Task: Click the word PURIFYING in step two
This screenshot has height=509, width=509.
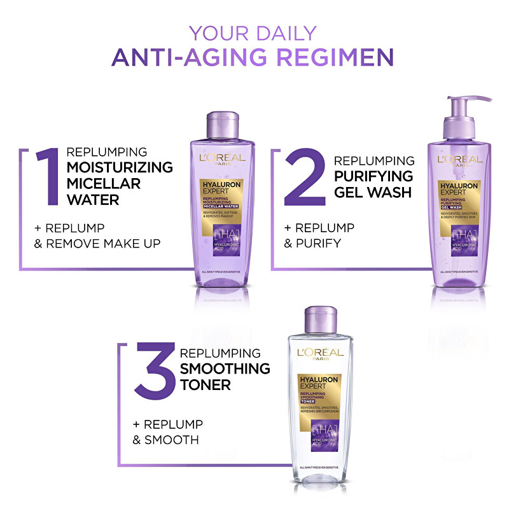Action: click(x=373, y=176)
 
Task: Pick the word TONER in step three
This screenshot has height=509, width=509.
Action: click(x=205, y=385)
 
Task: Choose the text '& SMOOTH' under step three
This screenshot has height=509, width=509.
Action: click(x=165, y=440)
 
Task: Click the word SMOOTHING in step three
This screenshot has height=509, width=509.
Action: click(x=225, y=369)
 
